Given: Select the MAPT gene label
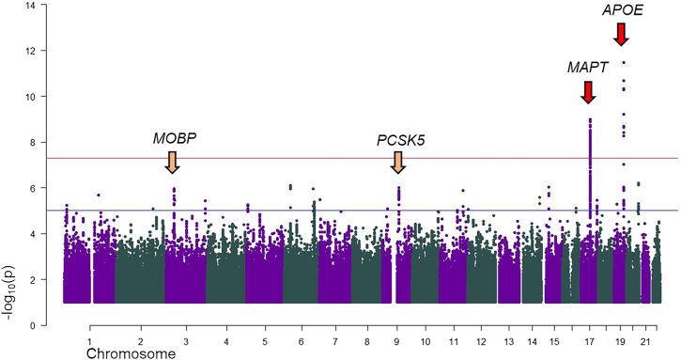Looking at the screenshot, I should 587,68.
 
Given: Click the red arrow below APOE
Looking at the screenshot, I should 620,34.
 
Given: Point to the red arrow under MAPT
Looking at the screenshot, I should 588,92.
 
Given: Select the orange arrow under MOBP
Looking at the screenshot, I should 172,162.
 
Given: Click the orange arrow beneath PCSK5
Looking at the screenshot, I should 400,163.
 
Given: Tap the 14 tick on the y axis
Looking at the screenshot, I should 31,5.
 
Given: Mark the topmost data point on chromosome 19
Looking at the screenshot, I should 624,63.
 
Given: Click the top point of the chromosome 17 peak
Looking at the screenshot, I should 590,119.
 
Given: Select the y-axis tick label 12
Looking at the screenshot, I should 31,51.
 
